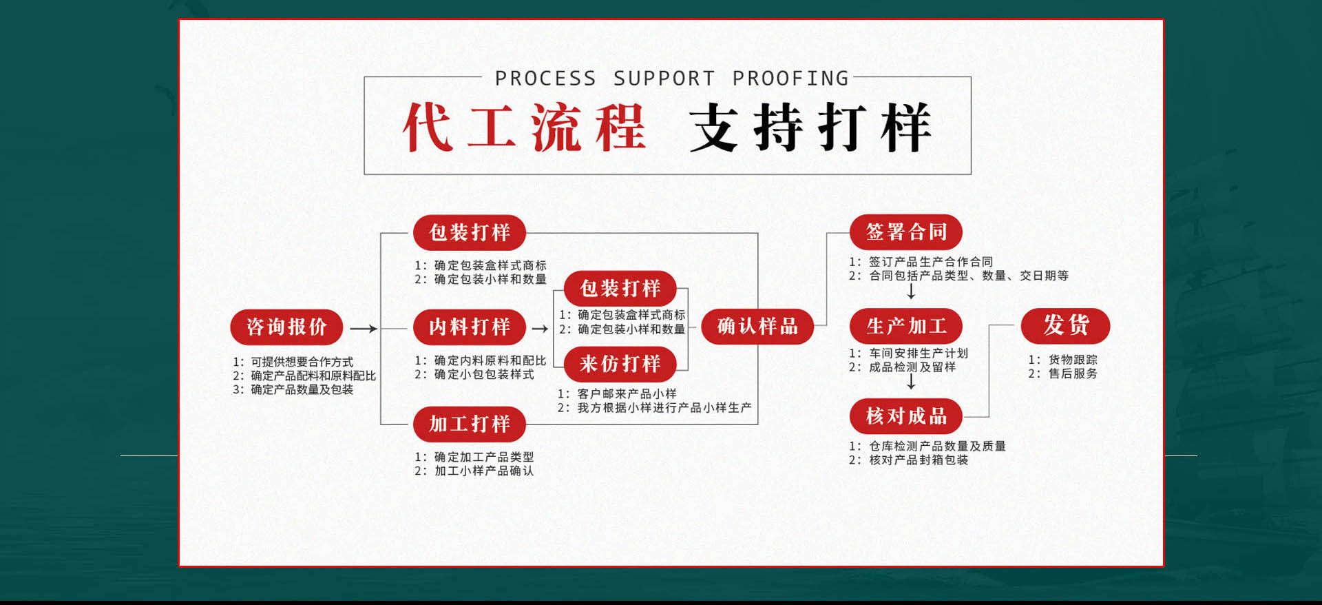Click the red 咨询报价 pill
click(286, 327)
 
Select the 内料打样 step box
click(470, 327)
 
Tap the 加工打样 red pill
click(470, 424)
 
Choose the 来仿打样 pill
click(620, 364)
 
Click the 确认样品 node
click(757, 327)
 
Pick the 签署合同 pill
click(906, 232)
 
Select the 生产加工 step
click(906, 327)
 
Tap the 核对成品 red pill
click(906, 416)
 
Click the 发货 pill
click(1066, 325)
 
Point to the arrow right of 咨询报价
click(364, 329)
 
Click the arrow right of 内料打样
click(540, 329)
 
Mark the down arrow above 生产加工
click(911, 291)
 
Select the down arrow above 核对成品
click(911, 382)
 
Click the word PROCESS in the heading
click(545, 79)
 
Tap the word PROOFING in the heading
click(790, 79)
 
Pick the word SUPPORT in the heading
click(664, 79)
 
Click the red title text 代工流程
click(525, 127)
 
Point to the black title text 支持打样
click(810, 127)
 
